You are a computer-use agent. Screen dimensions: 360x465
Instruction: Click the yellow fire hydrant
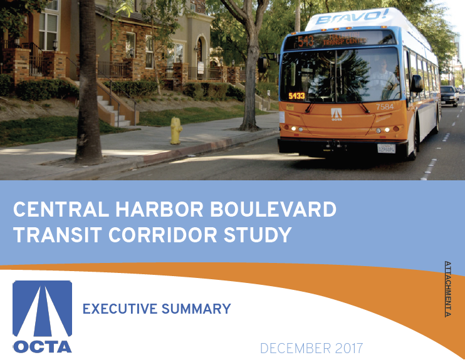176,130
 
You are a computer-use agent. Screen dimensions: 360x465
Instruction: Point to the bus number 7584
385,107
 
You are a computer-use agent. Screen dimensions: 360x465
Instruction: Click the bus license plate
386,148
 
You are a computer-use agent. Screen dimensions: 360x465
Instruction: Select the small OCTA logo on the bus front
337,114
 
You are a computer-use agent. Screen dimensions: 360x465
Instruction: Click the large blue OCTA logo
43,316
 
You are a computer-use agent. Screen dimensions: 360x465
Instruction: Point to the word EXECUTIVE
119,309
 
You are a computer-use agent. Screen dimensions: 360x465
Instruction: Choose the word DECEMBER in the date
295,348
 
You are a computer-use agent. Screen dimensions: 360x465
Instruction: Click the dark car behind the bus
449,95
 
